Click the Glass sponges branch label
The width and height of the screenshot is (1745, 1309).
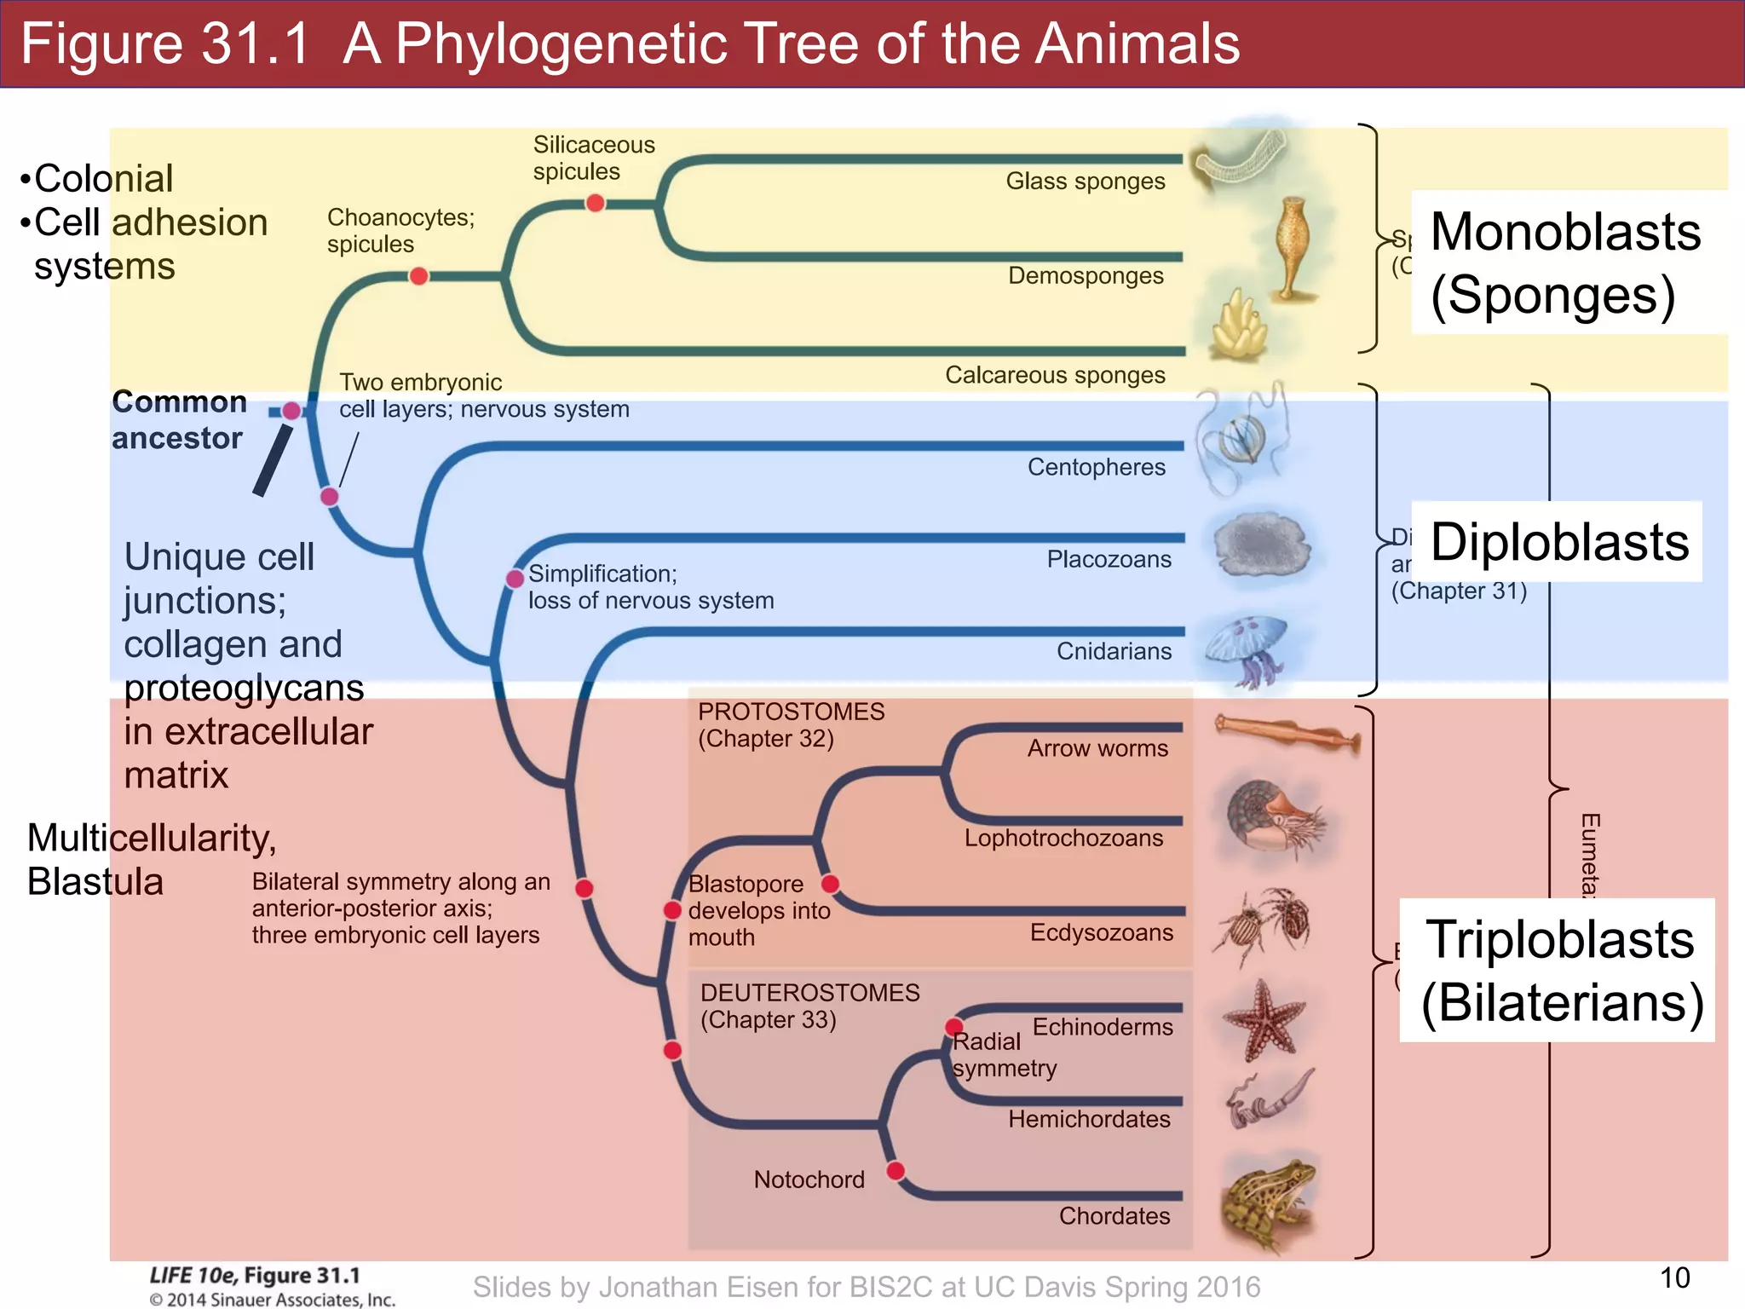(x=1085, y=182)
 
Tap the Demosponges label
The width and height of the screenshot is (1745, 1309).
(x=1086, y=276)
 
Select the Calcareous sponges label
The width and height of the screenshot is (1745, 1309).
(x=1055, y=375)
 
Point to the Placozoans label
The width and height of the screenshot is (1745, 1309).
(x=1109, y=559)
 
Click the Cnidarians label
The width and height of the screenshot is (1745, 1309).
(x=1114, y=651)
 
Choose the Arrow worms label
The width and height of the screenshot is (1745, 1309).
(x=1097, y=748)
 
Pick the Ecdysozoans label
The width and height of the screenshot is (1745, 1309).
(x=1101, y=932)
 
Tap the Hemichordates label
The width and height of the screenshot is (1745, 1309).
(x=1089, y=1119)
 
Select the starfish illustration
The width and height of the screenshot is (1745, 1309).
(x=1264, y=1019)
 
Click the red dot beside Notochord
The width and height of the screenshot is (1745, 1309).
(x=896, y=1170)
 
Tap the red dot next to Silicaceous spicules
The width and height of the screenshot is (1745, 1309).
(x=596, y=203)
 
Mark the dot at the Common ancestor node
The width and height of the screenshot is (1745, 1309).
(x=291, y=411)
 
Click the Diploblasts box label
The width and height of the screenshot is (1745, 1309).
(x=1558, y=542)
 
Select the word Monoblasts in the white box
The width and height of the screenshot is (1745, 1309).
(x=1565, y=232)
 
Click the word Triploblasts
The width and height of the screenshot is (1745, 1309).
(x=1559, y=939)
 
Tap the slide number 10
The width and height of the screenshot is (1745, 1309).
(x=1674, y=1277)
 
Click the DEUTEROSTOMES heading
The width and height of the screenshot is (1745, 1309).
(x=809, y=993)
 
